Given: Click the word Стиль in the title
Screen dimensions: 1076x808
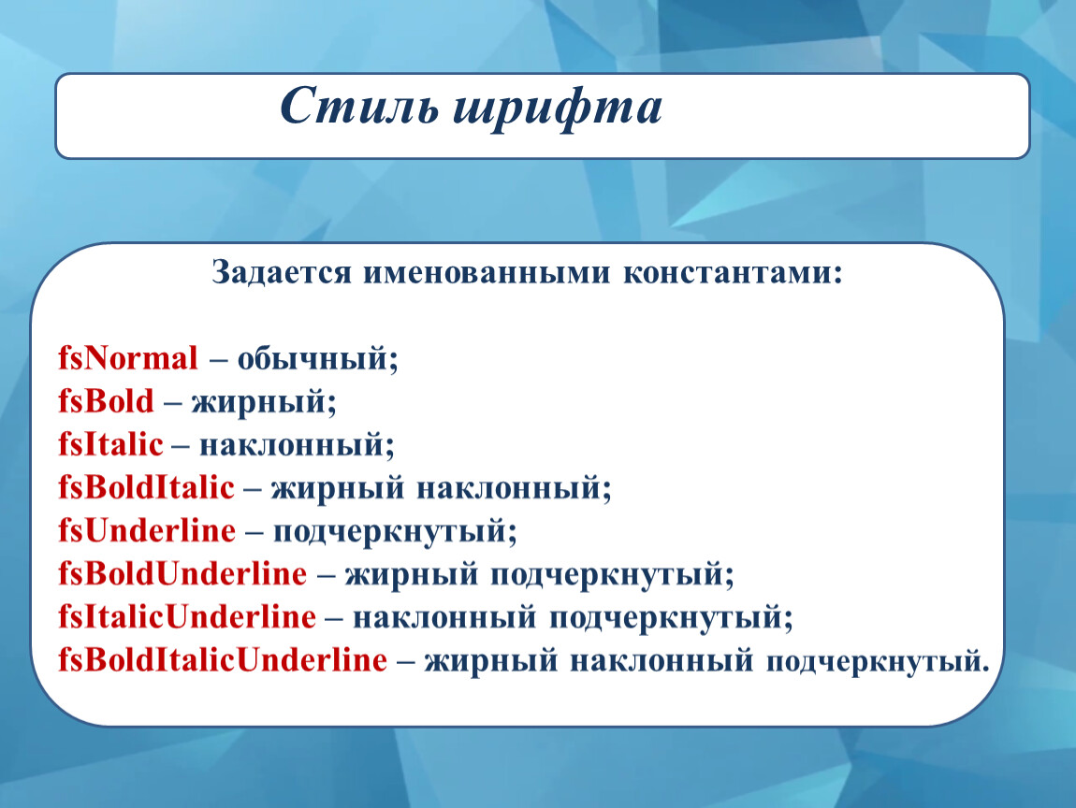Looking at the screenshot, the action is tap(358, 107).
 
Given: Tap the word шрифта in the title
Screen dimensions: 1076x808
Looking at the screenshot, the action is tap(558, 109).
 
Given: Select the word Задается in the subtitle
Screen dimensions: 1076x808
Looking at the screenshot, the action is tap(282, 272).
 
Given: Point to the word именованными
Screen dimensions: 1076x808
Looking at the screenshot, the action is tap(486, 272).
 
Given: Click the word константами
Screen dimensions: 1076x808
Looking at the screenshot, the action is tap(733, 273).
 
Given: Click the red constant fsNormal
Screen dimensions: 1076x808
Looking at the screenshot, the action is tap(127, 358).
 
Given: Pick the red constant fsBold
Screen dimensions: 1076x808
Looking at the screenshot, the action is tap(106, 401).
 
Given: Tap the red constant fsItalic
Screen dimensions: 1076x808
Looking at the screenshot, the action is tap(110, 444).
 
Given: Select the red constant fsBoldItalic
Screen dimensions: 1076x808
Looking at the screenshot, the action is tap(146, 487).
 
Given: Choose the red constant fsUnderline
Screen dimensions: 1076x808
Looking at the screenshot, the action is tap(147, 531).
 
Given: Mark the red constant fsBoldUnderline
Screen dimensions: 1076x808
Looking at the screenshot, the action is tap(182, 573).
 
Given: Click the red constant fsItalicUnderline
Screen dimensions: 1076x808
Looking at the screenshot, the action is tap(186, 616).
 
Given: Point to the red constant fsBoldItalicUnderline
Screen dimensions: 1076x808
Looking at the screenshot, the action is tap(223, 660).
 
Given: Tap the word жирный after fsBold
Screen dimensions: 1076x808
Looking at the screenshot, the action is tap(258, 402).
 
